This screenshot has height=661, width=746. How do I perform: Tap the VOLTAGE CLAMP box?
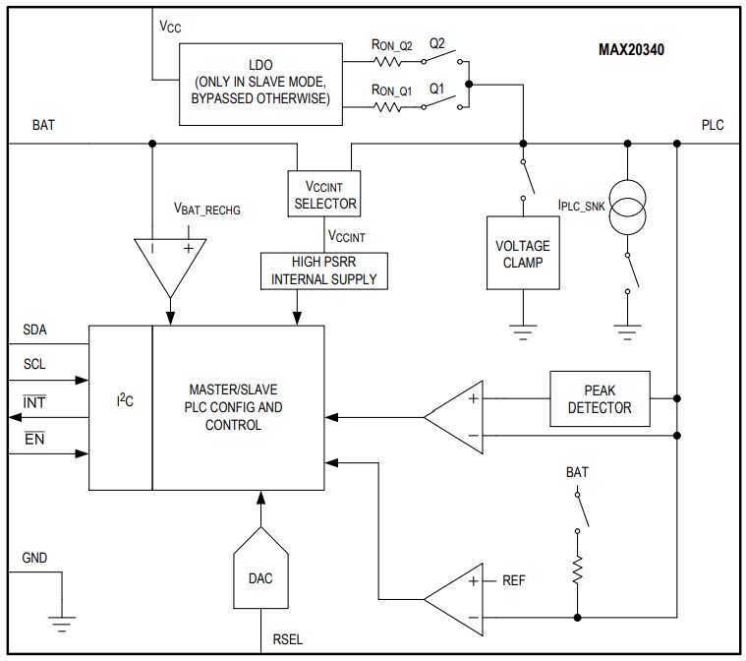pyautogui.click(x=522, y=253)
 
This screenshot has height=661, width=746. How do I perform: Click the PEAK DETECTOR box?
pyautogui.click(x=600, y=399)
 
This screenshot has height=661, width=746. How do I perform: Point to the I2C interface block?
pyautogui.click(x=120, y=405)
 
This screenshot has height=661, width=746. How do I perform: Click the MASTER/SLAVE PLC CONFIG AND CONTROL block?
pyautogui.click(x=238, y=405)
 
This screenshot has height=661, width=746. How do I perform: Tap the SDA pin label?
pyautogui.click(x=35, y=329)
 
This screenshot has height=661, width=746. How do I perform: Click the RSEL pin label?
pyautogui.click(x=287, y=641)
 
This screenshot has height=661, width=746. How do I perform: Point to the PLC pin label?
pyautogui.click(x=713, y=126)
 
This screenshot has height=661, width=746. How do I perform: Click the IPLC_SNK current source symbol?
pyautogui.click(x=626, y=209)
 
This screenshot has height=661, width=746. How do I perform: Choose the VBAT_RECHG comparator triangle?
pyautogui.click(x=171, y=262)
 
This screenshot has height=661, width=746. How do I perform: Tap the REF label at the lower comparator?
pyautogui.click(x=514, y=579)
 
